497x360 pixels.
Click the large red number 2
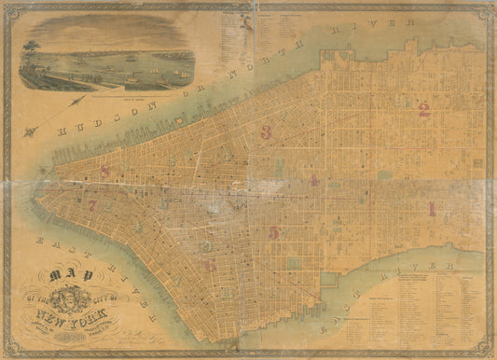click(423, 111)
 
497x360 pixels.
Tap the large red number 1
click(431, 209)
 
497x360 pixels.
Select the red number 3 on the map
click(267, 132)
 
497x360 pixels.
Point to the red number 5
click(273, 231)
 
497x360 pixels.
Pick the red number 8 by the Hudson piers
click(105, 171)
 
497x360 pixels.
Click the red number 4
click(315, 179)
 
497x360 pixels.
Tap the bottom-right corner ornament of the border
click(488, 351)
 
